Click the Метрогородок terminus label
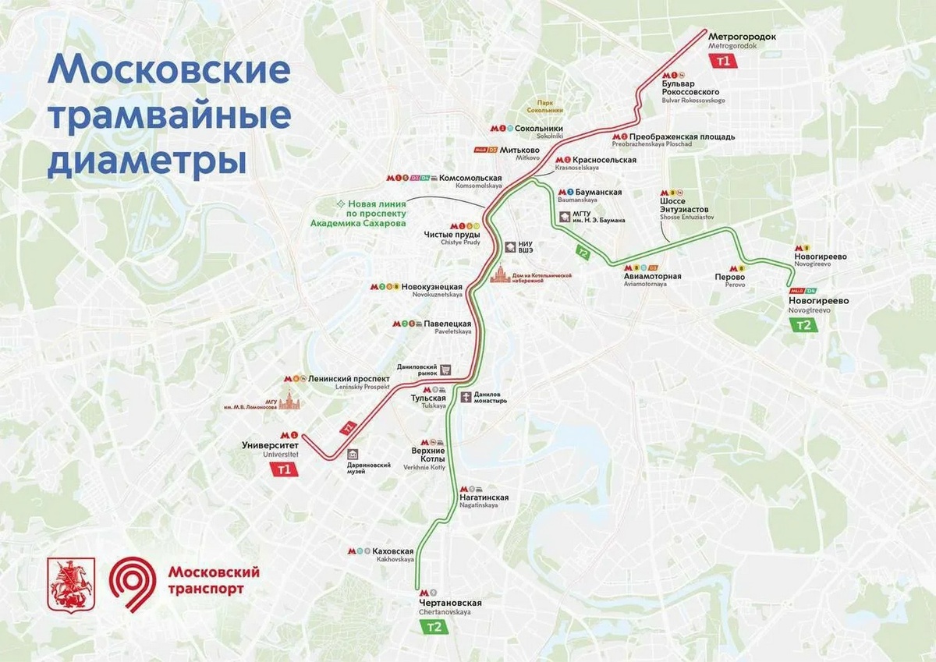click(x=742, y=36)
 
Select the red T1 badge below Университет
click(x=284, y=469)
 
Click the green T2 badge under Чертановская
click(x=434, y=628)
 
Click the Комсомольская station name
click(x=470, y=178)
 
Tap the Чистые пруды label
click(x=452, y=235)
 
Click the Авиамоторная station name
click(x=652, y=276)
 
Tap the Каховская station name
click(x=395, y=551)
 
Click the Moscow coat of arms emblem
click(x=71, y=583)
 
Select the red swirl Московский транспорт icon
click(x=133, y=582)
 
